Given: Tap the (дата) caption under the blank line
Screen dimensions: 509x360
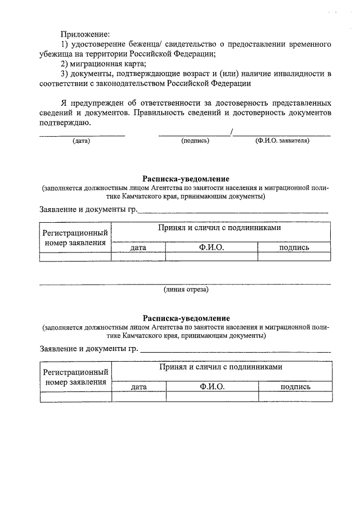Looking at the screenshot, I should point(82,141).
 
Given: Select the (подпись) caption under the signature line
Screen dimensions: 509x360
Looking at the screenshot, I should point(195,141).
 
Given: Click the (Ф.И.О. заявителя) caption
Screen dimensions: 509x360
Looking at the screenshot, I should point(282,141).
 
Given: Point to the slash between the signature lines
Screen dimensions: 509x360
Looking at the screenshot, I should point(232,132).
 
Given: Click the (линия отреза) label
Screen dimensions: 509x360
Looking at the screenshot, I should point(186,290).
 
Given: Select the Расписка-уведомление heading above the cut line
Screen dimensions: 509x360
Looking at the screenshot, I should point(186,179).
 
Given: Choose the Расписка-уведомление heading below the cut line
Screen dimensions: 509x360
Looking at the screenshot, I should point(186,318).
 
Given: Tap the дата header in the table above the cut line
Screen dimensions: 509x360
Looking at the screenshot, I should point(138,247).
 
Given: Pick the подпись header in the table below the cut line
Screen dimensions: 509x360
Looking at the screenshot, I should point(295,387).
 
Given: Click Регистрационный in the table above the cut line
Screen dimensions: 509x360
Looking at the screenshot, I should point(75,233).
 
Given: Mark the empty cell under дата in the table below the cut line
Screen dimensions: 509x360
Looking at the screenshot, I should point(138,397).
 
